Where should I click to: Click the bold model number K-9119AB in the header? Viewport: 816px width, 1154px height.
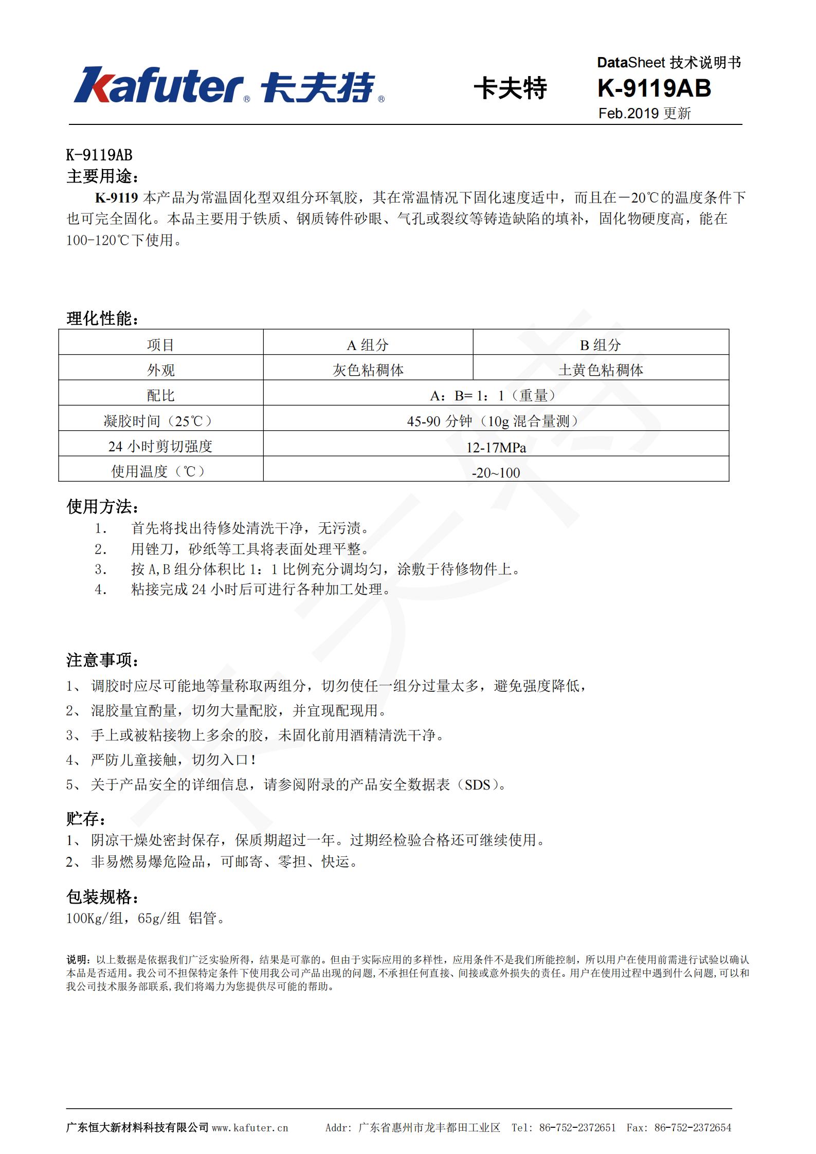coord(654,88)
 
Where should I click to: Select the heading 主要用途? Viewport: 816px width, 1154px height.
coord(102,176)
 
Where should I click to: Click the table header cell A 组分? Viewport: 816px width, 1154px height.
coord(368,345)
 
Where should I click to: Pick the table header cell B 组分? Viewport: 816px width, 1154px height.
coord(600,345)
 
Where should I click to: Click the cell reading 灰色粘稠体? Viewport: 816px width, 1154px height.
coord(368,370)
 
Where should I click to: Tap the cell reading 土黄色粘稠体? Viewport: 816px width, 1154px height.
coord(601,370)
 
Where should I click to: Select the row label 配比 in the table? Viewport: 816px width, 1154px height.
coord(160,395)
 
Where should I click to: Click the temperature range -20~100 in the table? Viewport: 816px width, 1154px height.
coord(496,473)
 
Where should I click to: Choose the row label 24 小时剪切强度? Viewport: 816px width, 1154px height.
coord(160,446)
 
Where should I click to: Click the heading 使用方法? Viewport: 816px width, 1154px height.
coord(102,507)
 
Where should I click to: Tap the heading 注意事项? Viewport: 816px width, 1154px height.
coord(102,660)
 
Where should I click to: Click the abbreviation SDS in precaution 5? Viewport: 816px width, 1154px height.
coord(478,785)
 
